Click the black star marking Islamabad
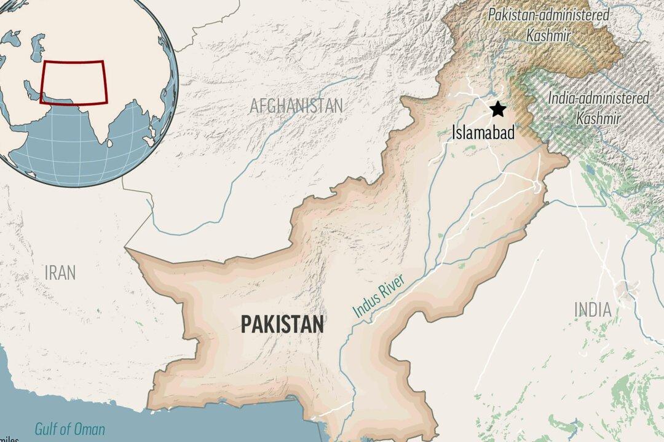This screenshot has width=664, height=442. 497,109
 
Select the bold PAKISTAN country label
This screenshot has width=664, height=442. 282,324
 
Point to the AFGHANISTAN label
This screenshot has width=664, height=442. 296,106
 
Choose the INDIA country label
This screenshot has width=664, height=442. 593,309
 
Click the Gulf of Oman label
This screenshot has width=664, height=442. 69,429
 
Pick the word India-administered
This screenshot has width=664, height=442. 598,98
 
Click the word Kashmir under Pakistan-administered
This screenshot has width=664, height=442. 548,35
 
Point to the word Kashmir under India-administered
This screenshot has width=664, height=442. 598,118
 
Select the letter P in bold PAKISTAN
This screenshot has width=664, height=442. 246,324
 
